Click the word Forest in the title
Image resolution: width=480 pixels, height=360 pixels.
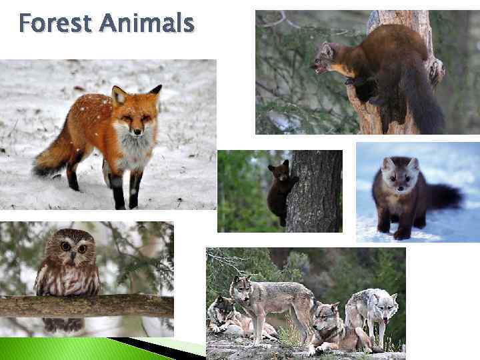(x=55, y=24)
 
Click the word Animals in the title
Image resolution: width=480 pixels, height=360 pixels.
(x=147, y=24)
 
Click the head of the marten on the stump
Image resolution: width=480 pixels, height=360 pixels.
(x=327, y=59)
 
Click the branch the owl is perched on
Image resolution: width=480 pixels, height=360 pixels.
(x=87, y=306)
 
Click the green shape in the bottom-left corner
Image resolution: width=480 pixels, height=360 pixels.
(x=53, y=348)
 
